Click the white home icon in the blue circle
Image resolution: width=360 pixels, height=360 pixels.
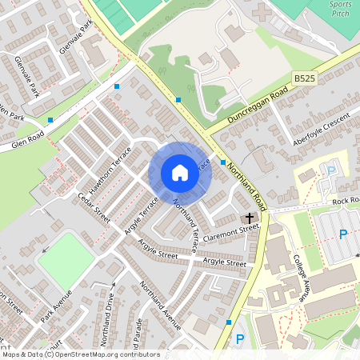pos(180,173)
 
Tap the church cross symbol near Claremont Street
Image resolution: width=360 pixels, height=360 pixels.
pos(249,218)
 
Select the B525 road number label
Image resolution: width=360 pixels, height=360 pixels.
pos(303,78)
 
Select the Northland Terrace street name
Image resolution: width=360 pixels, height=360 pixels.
pos(189,223)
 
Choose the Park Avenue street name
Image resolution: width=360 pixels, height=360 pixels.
pos(57,305)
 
